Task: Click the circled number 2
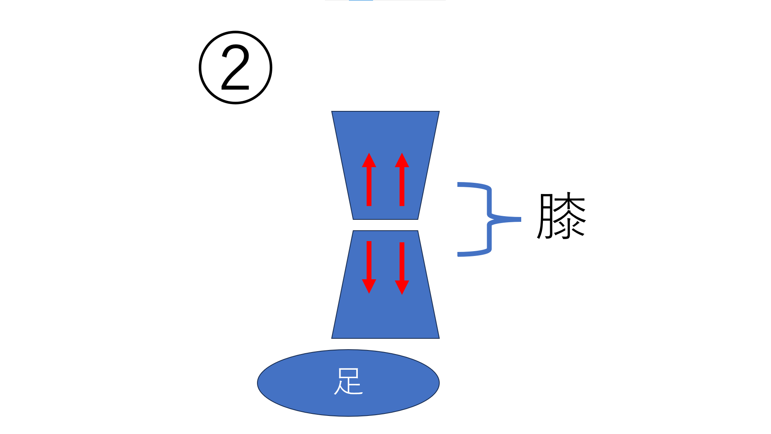(x=236, y=68)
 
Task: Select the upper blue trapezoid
(x=385, y=133)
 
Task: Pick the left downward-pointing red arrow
(x=369, y=261)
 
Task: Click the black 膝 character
(x=561, y=216)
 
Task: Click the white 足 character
(x=349, y=381)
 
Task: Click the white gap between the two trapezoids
(x=385, y=225)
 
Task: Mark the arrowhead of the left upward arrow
(x=369, y=160)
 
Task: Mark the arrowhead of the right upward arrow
(x=402, y=160)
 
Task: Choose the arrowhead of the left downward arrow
(x=369, y=287)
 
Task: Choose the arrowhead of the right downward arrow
(x=402, y=287)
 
